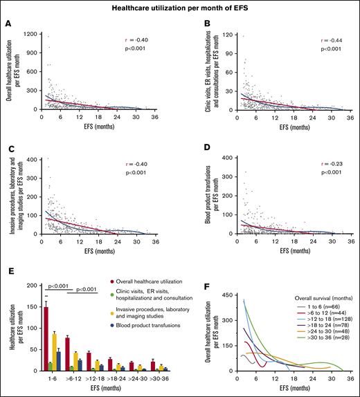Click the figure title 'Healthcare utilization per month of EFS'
(180, 8)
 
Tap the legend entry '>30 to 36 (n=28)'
(319, 360)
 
